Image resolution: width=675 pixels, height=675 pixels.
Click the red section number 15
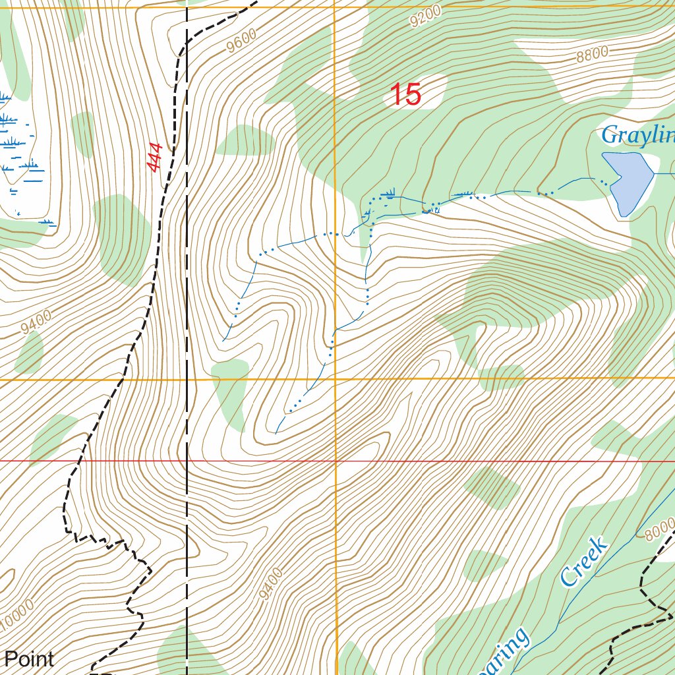pyautogui.click(x=405, y=95)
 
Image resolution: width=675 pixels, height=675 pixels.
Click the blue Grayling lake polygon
pyautogui.click(x=627, y=181)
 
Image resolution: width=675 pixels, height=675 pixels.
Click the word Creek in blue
pyautogui.click(x=583, y=562)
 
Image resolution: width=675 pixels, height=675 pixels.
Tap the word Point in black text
pyautogui.click(x=29, y=659)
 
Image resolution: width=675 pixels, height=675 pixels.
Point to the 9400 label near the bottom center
pyautogui.click(x=270, y=584)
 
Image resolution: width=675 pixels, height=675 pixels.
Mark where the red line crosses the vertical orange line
pyautogui.click(x=336, y=461)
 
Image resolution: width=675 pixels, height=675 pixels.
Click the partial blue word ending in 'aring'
pyautogui.click(x=508, y=653)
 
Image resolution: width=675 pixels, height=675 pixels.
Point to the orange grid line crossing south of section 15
pyautogui.click(x=461, y=379)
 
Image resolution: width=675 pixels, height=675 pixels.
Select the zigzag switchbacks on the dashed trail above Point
pyautogui.click(x=105, y=542)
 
